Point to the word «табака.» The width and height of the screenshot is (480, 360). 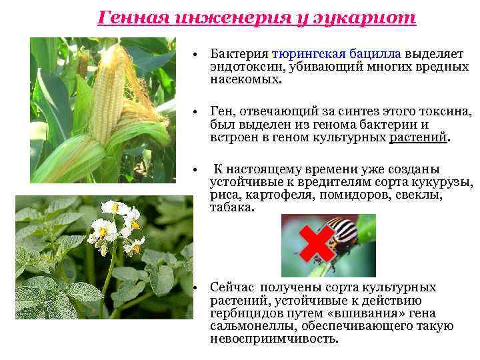tap(232, 207)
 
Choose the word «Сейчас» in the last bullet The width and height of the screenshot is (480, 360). tap(232, 287)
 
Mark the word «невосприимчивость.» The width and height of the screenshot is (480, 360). tap(274, 338)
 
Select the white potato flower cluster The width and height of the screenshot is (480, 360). tap(117, 230)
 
